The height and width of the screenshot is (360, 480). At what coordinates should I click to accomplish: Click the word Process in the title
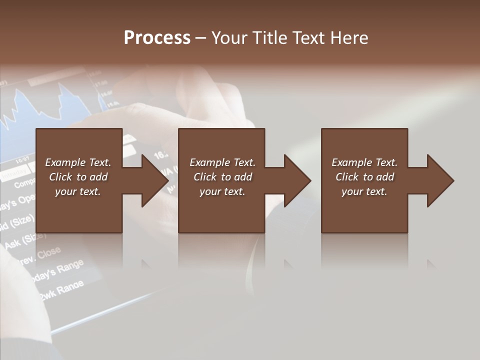[157, 38]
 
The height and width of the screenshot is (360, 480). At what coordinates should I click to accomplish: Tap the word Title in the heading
[269, 38]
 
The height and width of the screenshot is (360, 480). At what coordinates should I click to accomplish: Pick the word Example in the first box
[65, 162]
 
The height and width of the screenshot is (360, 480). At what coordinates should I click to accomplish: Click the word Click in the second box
[205, 177]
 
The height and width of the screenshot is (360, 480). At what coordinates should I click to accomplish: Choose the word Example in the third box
[352, 162]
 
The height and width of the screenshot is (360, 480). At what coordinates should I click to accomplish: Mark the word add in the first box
[98, 177]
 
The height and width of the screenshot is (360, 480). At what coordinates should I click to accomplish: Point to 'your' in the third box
[352, 191]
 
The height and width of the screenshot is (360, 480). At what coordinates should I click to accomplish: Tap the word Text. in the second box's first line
[243, 162]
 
